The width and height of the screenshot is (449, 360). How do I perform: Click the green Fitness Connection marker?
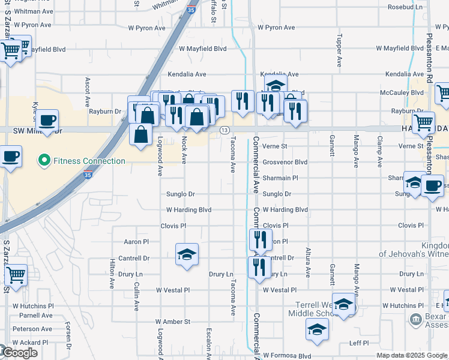[x=43, y=161]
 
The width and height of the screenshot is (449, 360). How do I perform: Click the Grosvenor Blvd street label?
[x=285, y=162]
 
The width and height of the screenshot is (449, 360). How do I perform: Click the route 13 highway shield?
[x=224, y=130]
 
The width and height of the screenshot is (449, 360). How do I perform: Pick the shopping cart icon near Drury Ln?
[x=16, y=275]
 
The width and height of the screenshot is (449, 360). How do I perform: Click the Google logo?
[x=19, y=353]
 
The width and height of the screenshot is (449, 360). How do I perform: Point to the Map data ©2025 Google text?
[x=411, y=355]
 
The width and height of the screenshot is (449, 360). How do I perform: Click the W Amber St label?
[x=173, y=322]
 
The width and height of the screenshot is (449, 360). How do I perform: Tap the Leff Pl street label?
[x=359, y=343]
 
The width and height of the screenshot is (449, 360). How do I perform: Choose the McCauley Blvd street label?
[x=402, y=92]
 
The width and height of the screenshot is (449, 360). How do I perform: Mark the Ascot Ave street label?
[x=88, y=88]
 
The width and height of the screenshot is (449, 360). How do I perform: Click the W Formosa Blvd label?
[x=287, y=356]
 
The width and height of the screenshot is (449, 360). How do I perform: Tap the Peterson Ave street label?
[x=32, y=329]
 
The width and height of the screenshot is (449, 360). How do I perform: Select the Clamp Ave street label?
[x=379, y=146]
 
